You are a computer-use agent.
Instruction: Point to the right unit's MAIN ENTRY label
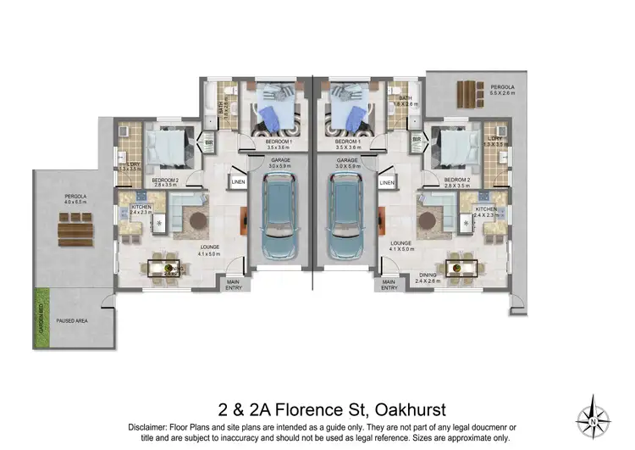tap(389, 286)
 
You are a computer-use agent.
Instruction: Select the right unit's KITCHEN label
tap(486, 208)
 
